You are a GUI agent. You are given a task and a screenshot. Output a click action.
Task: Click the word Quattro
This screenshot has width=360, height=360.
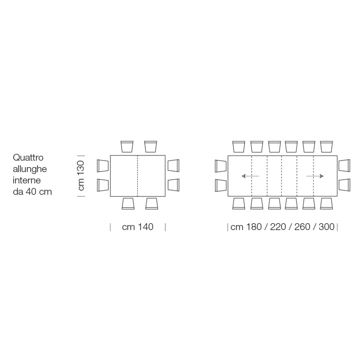tap(28, 158)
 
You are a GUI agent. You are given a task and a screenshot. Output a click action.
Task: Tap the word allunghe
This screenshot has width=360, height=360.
tap(30, 169)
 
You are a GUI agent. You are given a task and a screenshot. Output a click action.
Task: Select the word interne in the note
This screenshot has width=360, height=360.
tap(27, 180)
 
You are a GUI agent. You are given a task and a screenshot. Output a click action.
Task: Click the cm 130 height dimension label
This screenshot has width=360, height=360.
tap(81, 176)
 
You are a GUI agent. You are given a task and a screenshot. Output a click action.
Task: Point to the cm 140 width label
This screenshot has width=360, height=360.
tap(138, 227)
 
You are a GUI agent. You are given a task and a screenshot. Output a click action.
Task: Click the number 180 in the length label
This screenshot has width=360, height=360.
tap(254, 227)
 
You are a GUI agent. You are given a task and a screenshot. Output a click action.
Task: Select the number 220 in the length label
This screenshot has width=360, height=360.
tap(278, 227)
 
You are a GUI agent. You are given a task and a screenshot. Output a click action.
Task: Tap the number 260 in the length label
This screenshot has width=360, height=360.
tap(302, 227)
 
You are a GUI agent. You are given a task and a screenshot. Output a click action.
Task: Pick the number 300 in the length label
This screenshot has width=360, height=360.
tap(327, 227)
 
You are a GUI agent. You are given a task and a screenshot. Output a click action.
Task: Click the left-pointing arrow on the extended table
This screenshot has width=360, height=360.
tap(250, 176)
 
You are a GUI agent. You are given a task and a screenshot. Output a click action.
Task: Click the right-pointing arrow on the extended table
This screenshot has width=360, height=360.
tap(315, 176)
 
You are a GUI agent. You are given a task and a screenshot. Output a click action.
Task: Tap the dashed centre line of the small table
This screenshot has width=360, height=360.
tap(138, 176)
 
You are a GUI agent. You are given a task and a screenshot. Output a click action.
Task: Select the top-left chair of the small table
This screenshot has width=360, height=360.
tap(127, 147)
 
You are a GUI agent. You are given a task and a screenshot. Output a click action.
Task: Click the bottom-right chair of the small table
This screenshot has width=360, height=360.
tap(152, 204)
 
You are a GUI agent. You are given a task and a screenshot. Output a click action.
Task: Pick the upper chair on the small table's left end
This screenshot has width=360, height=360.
tap(103, 166)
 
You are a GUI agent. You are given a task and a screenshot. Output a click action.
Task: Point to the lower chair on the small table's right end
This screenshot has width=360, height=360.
tap(174, 185)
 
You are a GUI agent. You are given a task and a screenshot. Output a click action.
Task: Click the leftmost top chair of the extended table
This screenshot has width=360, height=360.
tap(239, 147)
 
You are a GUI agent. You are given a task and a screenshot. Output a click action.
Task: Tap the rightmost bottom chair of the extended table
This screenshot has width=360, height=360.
tap(327, 204)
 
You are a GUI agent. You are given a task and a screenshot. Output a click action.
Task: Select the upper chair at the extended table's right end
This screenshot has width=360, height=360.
tap(345, 166)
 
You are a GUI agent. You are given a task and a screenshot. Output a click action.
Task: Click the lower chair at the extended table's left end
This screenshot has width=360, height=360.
tap(221, 185)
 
